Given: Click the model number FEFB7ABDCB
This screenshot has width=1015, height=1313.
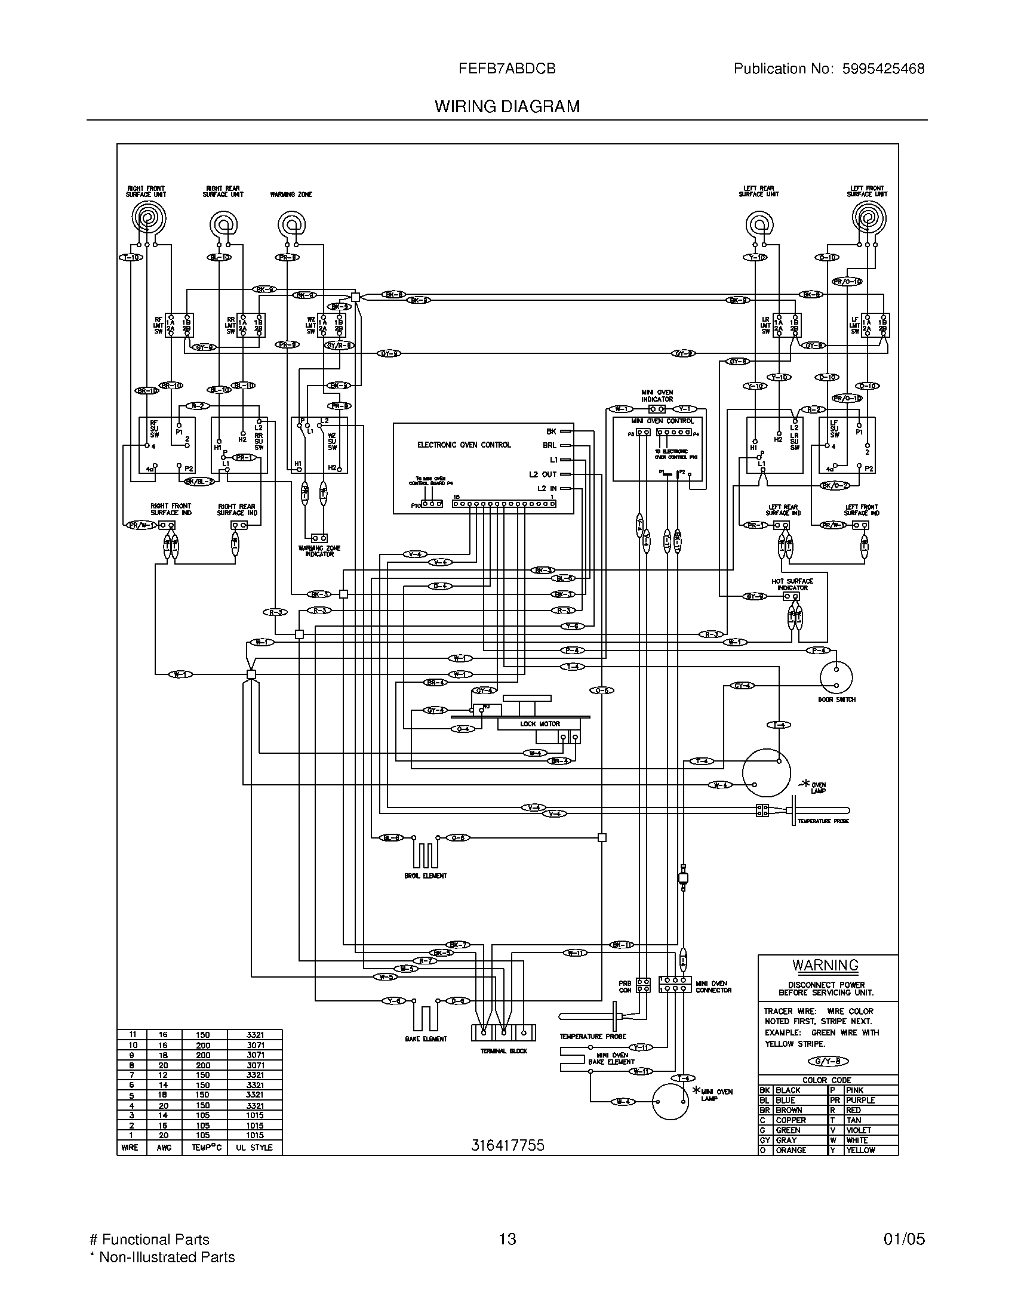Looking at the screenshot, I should click(507, 69).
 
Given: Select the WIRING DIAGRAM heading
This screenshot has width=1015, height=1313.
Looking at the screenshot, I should click(507, 106).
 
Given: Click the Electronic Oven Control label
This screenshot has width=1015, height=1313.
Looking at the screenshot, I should click(463, 445).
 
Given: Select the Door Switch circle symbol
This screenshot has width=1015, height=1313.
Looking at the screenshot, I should click(836, 677).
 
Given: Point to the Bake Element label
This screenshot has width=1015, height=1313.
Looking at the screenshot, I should click(426, 1039).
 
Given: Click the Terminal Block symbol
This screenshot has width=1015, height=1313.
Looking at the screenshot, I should click(503, 1032).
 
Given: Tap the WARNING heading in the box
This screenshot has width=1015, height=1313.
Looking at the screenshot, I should click(825, 965).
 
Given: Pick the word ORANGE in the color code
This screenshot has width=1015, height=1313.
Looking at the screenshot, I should click(790, 1150).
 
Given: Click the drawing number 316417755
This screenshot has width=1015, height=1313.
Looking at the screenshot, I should click(507, 1145).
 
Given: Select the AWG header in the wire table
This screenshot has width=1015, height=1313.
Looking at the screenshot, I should click(164, 1147).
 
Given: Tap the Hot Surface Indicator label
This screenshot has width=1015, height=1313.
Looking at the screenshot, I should click(792, 584).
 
